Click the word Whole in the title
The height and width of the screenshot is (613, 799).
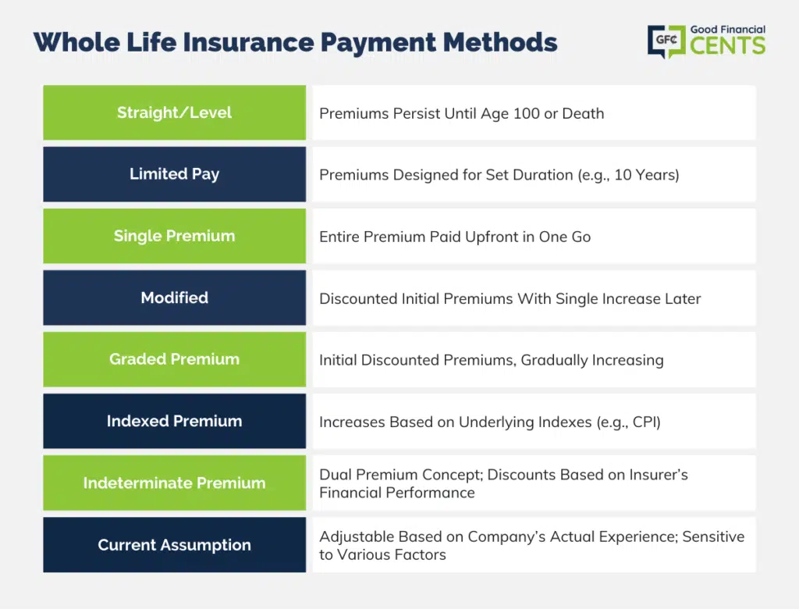click(x=77, y=42)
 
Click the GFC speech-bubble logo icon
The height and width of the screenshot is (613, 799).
click(x=666, y=41)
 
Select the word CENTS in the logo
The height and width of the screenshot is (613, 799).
click(x=728, y=45)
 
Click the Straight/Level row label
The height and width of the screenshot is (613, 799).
click(x=174, y=112)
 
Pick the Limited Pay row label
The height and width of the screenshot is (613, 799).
click(x=174, y=174)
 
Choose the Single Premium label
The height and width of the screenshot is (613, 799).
click(x=174, y=236)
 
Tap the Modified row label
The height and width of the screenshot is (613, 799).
click(x=174, y=298)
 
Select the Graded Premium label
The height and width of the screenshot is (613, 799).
click(x=174, y=359)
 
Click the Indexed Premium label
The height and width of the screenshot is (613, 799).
click(x=174, y=421)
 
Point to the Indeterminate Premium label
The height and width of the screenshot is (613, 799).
click(x=174, y=483)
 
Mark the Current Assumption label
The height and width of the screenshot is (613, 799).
click(x=174, y=545)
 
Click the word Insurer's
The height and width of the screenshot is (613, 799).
click(x=659, y=475)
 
